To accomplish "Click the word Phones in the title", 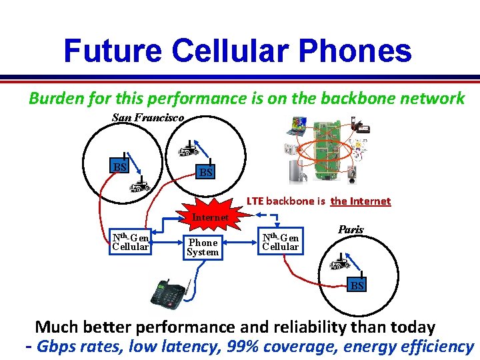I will [x=357, y=51].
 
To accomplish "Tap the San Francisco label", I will [x=147, y=117].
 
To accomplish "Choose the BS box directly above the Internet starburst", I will [x=206, y=173].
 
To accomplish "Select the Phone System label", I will [x=202, y=247].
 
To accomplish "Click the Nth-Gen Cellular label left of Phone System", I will [x=131, y=242].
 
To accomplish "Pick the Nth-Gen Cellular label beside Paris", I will [x=281, y=242].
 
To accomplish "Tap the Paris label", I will [x=351, y=229].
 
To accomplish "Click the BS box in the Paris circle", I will [x=357, y=285].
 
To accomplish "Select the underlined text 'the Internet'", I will [x=361, y=201].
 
